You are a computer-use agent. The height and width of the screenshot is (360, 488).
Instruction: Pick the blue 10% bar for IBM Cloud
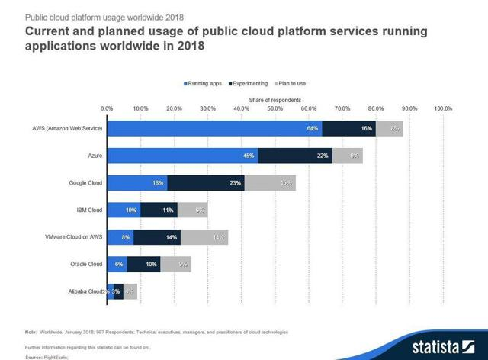click(x=124, y=210)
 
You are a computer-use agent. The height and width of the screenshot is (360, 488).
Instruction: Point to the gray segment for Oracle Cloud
click(x=175, y=265)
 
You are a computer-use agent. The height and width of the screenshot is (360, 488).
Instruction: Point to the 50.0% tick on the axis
click(x=275, y=108)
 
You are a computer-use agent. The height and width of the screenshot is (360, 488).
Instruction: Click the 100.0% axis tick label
click(x=443, y=108)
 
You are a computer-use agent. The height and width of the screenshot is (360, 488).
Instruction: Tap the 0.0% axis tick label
click(x=107, y=108)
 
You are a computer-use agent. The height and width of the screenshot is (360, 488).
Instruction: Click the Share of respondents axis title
click(x=274, y=100)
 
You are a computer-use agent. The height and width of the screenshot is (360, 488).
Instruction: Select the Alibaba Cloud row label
click(x=82, y=292)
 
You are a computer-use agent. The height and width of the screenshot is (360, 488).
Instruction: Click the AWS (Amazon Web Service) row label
click(x=63, y=128)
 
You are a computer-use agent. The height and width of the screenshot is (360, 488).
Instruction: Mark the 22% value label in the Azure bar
click(x=323, y=156)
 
